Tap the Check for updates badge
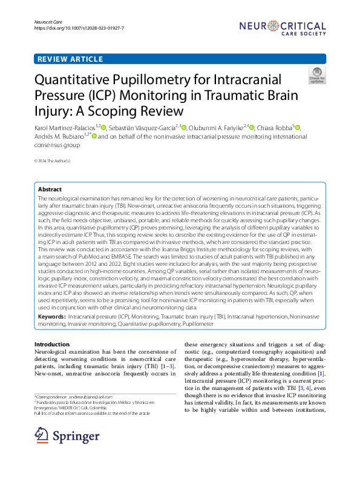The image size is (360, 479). (316, 75)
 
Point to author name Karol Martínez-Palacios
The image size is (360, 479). (68, 128)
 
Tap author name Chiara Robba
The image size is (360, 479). (276, 128)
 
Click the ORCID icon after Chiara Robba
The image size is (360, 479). (297, 128)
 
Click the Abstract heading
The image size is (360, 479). (50, 190)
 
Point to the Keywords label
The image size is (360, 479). (52, 317)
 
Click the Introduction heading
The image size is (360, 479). (51, 345)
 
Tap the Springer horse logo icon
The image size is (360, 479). (42, 435)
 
